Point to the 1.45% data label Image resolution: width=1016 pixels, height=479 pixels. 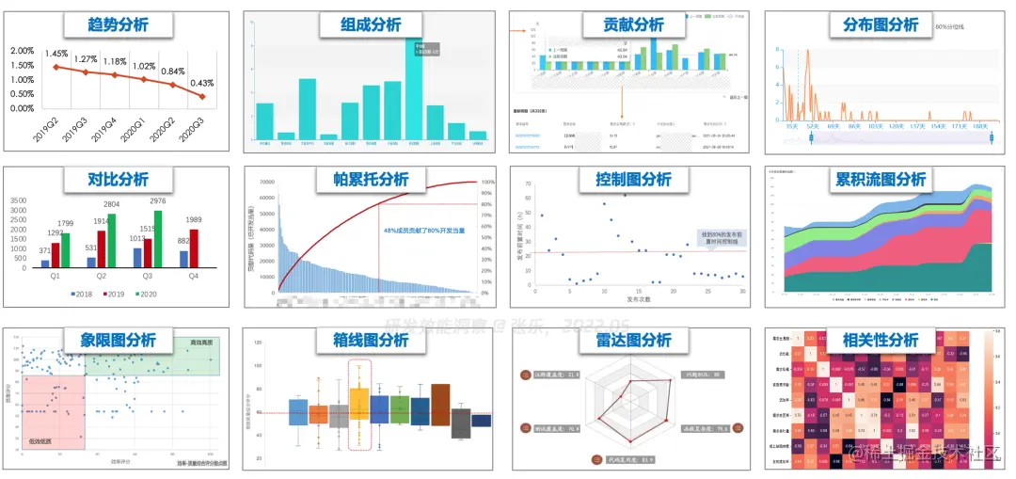[56, 54]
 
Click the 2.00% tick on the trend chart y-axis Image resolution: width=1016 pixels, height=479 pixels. [22, 51]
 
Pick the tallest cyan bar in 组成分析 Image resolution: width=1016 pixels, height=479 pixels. [414, 94]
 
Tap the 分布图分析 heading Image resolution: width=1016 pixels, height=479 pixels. [881, 24]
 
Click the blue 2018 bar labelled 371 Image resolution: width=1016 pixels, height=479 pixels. [45, 263]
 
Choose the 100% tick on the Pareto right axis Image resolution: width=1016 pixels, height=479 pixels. [487, 183]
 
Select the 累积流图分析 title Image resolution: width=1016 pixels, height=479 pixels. [881, 179]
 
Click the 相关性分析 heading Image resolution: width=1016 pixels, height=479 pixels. [880, 338]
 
